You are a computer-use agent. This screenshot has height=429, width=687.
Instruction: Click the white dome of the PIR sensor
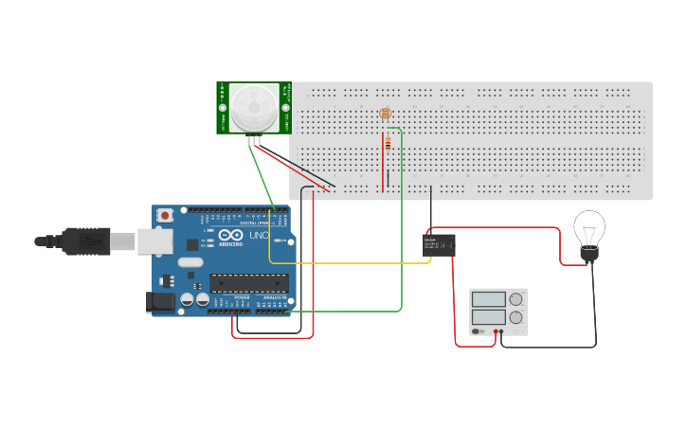coord(254,106)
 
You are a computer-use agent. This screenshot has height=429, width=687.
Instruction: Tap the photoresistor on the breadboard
coord(385,114)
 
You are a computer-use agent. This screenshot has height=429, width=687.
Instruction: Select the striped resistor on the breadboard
coord(387,143)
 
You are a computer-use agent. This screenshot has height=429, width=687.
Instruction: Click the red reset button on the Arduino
coord(166,215)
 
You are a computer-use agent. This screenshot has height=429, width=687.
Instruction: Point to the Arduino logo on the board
coord(230,236)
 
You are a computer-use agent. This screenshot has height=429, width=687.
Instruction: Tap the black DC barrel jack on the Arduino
coord(161,302)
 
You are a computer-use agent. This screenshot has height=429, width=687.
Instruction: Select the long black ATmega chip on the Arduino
coord(249,282)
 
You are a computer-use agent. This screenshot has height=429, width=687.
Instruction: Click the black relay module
coord(439,245)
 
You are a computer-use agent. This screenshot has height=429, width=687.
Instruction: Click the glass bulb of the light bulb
coord(589,228)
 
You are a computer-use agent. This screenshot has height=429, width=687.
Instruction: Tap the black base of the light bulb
coord(589,254)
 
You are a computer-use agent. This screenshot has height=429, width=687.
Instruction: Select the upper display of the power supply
coord(488,299)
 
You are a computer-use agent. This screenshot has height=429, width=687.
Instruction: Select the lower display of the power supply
coord(488,316)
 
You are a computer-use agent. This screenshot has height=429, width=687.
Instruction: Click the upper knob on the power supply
coord(515,299)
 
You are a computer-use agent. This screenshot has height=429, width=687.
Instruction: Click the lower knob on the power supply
coord(515,317)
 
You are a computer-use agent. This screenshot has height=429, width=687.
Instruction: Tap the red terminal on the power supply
coord(495,331)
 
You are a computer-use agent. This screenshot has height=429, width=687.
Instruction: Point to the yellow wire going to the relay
coord(351,262)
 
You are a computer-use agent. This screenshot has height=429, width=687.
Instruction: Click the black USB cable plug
coord(85,241)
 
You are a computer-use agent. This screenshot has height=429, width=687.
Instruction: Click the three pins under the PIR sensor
coord(254,140)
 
